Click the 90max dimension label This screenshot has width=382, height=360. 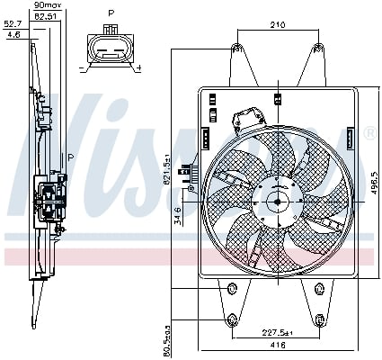44,6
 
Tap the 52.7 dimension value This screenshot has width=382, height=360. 12,25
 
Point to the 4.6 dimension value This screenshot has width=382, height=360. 13,34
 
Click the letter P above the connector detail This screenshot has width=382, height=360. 111,14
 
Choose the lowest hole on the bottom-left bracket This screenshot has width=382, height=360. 233,319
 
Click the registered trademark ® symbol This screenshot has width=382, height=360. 369,133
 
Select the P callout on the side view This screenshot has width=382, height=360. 70,157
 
